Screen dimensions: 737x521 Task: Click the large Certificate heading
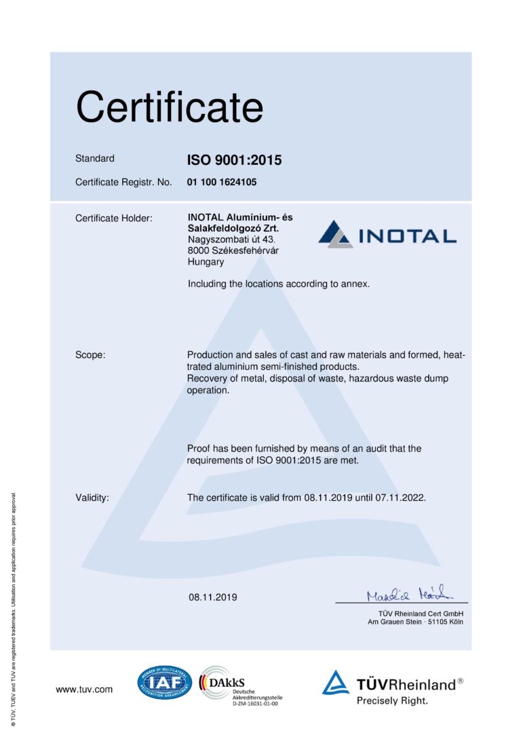169,107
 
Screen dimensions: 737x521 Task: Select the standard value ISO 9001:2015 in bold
234,161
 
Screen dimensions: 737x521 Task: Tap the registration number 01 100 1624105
222,183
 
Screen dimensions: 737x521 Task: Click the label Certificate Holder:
114,218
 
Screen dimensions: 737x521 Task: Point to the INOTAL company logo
387,234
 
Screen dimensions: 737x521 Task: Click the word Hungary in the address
206,261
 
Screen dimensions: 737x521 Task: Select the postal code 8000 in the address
198,250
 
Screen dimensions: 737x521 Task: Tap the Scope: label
90,355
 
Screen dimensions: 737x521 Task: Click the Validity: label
92,497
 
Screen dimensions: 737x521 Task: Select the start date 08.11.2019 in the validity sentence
328,497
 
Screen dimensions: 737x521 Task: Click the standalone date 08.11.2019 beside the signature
213,598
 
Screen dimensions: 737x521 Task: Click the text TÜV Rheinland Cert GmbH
415,613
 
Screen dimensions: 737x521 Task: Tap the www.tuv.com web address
84,689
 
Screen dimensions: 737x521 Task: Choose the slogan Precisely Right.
392,700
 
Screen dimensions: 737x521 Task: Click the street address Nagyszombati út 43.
231,240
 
